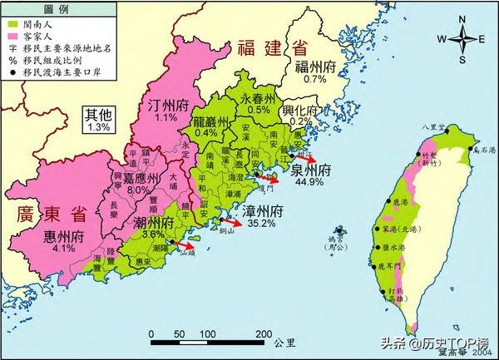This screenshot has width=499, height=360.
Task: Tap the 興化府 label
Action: coord(302,111)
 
